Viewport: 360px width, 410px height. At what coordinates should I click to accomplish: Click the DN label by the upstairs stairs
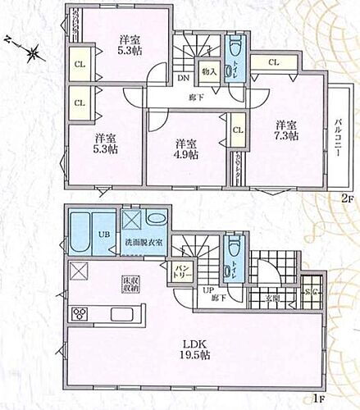(181, 78)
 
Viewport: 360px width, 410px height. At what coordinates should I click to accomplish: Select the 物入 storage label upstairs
(209, 72)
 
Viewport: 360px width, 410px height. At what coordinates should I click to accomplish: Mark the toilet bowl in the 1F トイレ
(235, 248)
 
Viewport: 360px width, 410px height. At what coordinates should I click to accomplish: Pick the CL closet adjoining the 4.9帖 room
(237, 130)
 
